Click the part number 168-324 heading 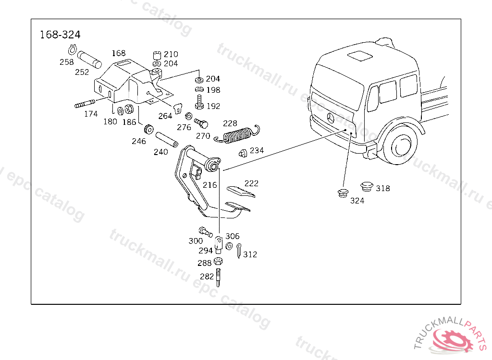tap(60, 35)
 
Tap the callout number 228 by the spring tap(230, 123)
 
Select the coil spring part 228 tap(238, 134)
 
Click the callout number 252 tap(82, 72)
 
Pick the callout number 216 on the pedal tap(209, 185)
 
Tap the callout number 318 tap(383, 188)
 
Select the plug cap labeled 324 tap(343, 193)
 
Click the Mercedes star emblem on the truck tap(331, 119)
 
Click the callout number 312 tap(250, 254)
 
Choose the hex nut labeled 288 tap(218, 262)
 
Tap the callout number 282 tap(207, 276)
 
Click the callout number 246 tap(139, 141)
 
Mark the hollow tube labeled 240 tap(166, 139)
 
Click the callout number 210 tap(171, 54)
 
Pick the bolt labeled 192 tap(200, 101)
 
